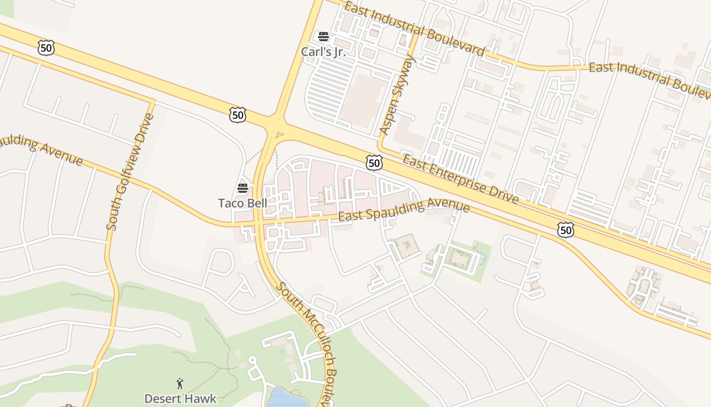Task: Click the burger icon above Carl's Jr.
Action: (x=323, y=37)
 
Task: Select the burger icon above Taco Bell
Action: (x=242, y=188)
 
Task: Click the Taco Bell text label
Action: (x=242, y=203)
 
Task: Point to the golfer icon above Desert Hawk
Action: (x=180, y=383)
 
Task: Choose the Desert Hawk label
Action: (x=180, y=398)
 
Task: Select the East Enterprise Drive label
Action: (x=460, y=180)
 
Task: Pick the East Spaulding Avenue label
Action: (x=404, y=210)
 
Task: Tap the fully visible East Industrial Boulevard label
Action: (x=414, y=28)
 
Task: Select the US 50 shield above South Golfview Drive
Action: (x=46, y=48)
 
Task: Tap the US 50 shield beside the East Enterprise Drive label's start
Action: (x=374, y=163)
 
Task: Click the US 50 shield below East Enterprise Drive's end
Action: (x=565, y=230)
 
